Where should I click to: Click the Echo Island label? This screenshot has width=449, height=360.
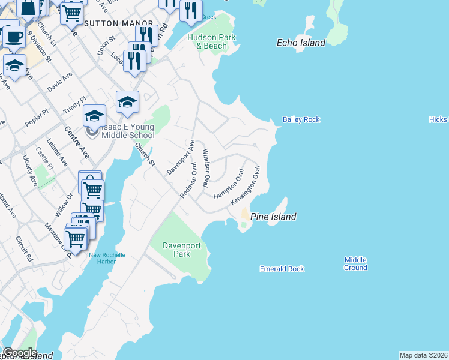301,43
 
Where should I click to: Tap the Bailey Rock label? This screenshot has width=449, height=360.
302,119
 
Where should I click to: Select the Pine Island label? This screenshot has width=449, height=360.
273,217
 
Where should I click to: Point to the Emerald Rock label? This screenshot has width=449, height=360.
282,269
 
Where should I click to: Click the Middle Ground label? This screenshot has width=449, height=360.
355,264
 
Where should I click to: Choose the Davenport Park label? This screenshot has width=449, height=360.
178,250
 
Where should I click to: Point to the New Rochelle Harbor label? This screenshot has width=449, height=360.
107,258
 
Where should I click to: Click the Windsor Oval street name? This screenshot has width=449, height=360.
206,167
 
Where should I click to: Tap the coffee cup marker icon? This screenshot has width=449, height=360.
14,37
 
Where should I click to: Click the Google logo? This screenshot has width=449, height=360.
20,353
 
